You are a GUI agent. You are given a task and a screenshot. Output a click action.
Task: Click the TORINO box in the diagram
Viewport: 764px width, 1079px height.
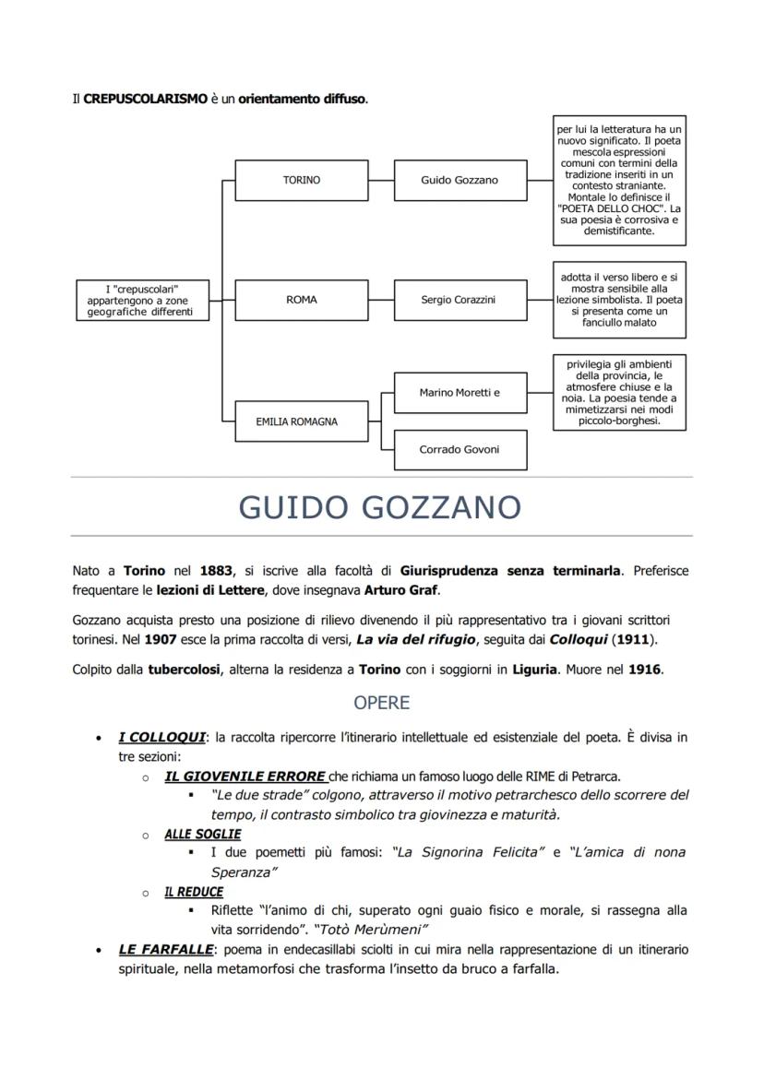302,181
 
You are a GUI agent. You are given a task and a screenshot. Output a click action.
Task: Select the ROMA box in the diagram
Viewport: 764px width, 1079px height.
302,300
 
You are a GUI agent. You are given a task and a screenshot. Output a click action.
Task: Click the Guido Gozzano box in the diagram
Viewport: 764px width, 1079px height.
460,181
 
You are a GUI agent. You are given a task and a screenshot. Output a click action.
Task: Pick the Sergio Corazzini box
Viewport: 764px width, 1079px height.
460,300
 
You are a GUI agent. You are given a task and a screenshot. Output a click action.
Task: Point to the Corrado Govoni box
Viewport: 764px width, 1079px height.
460,449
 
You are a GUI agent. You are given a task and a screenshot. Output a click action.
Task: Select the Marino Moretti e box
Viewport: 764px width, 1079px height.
460,393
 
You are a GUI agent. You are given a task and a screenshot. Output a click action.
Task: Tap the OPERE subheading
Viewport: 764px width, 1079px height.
381,703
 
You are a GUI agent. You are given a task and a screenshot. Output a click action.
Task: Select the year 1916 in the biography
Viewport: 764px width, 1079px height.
644,670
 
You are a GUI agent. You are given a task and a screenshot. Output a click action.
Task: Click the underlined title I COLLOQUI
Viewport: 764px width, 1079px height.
161,738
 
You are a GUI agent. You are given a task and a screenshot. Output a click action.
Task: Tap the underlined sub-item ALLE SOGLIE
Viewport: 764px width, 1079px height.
202,834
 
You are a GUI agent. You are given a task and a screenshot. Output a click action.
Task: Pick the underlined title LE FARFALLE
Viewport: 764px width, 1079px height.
165,949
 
